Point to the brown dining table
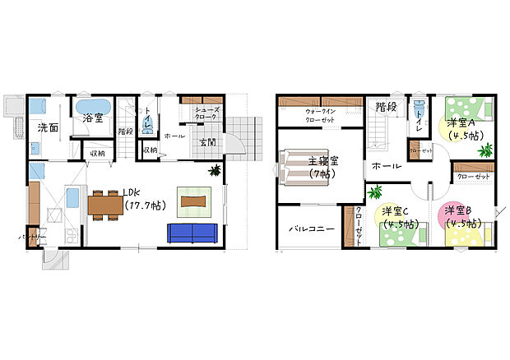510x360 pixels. [x=104, y=203]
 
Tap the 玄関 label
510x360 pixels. [x=207, y=141]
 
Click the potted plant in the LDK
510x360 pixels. [x=216, y=171]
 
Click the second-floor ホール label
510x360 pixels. [x=387, y=166]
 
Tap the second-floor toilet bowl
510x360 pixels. [x=420, y=108]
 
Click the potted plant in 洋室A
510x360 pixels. [x=485, y=150]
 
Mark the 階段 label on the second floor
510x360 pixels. [x=386, y=106]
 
